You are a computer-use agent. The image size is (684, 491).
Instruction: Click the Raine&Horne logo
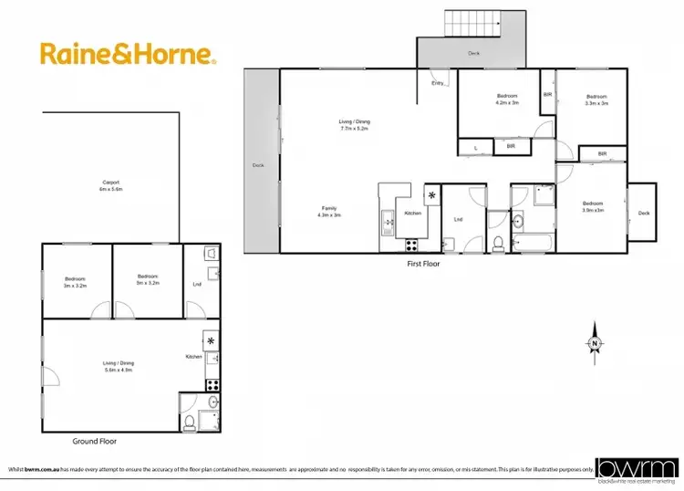click(128, 54)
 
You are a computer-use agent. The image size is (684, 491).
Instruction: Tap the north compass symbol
click(595, 341)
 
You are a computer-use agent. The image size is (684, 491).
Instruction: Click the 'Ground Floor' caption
click(94, 442)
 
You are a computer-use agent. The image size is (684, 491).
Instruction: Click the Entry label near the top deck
click(438, 84)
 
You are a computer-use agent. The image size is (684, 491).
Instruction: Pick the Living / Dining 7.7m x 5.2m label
click(355, 125)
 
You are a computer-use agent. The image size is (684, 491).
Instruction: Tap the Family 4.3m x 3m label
click(329, 211)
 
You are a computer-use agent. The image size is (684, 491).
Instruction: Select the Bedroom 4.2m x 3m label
click(507, 99)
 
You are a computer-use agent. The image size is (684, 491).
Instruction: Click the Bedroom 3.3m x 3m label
click(596, 99)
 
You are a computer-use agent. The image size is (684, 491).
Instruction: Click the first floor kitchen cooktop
click(410, 244)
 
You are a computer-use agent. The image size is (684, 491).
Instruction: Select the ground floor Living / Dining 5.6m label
click(118, 366)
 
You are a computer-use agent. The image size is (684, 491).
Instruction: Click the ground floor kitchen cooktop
click(212, 385)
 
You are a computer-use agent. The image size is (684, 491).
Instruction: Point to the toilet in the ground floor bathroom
click(189, 421)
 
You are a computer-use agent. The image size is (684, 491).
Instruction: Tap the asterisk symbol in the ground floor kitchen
click(212, 340)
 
